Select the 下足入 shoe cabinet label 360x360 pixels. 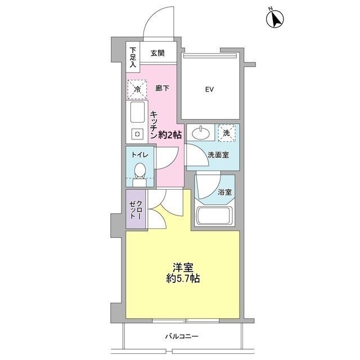(133, 58)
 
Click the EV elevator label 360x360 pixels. (210, 89)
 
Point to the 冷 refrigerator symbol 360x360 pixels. (136, 88)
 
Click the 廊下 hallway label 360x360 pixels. (162, 88)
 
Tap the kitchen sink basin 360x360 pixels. (137, 114)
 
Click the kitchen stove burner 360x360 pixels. (137, 133)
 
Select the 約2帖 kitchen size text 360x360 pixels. (169, 135)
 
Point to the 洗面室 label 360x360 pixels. (218, 155)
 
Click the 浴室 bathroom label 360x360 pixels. (226, 191)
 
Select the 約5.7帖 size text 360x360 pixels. (181, 279)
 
